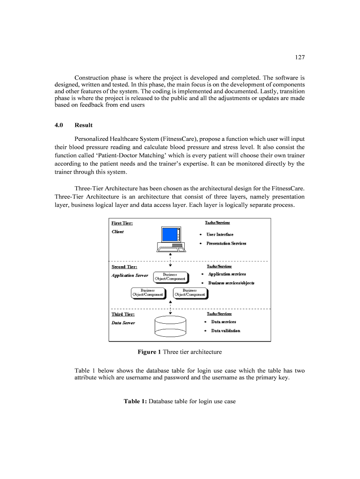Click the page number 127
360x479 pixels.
click(300, 58)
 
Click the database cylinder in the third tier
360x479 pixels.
click(170, 326)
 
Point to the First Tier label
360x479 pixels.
click(124, 223)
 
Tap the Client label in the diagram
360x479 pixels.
click(118, 232)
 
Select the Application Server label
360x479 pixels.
click(130, 276)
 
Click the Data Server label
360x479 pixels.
click(123, 323)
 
